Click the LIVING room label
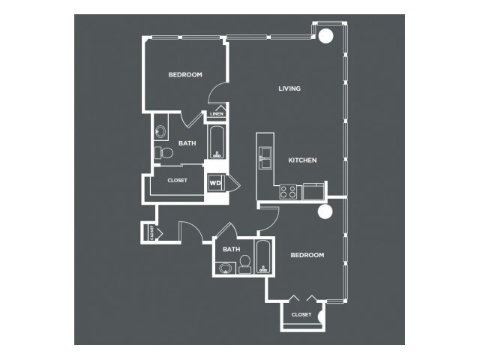click(289, 88)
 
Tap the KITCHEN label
click(302, 160)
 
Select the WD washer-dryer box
click(216, 183)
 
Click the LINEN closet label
click(217, 114)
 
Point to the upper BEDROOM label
click(185, 75)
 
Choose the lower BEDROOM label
click(307, 255)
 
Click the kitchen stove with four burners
click(288, 192)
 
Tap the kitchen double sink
click(265, 157)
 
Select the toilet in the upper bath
click(163, 153)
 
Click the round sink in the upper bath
click(160, 132)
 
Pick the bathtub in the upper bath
click(217, 142)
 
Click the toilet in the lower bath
click(245, 265)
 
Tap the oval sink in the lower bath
click(226, 268)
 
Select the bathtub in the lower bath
click(263, 256)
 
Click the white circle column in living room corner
click(325, 36)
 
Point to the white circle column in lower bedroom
click(325, 211)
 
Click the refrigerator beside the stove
click(313, 192)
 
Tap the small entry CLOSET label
click(151, 232)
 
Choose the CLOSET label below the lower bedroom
click(301, 315)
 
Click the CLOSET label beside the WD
click(177, 181)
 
